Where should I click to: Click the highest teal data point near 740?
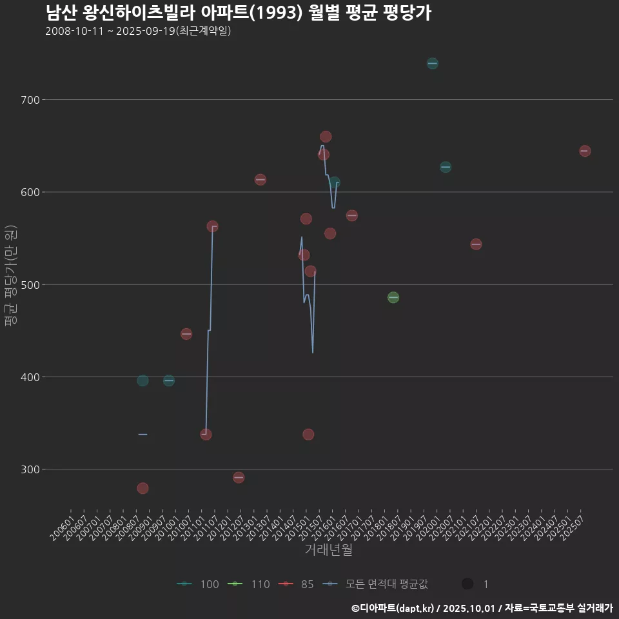(432, 63)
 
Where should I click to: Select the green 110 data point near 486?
(393, 297)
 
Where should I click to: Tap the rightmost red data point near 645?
(585, 151)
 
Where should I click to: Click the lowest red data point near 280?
(142, 488)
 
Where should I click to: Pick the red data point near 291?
(239, 478)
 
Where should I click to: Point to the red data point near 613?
(260, 179)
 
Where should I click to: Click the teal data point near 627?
(446, 167)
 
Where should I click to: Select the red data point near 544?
(476, 244)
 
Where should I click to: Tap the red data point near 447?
(186, 334)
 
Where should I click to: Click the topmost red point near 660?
(326, 137)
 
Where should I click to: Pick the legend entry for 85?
(299, 584)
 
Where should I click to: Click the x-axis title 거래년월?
(328, 550)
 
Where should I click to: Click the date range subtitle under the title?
(138, 32)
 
